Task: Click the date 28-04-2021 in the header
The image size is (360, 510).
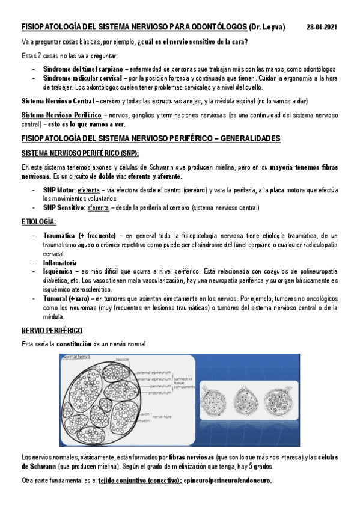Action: point(322,28)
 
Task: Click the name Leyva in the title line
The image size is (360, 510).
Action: point(274,28)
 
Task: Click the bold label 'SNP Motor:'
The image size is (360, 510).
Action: point(58,188)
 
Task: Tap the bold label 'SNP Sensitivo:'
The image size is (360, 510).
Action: point(64,207)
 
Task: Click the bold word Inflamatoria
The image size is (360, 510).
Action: point(59,263)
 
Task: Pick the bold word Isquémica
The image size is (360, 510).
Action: point(57,272)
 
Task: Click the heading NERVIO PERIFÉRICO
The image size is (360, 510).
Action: point(52,331)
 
